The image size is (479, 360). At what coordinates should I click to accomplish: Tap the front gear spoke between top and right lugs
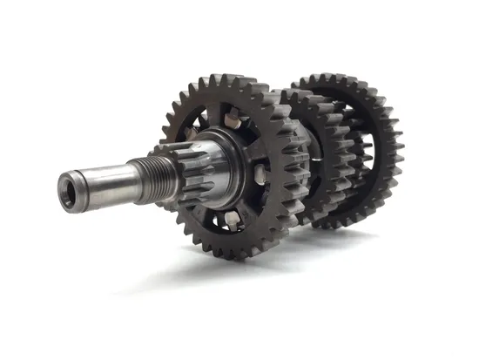point(257,139)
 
